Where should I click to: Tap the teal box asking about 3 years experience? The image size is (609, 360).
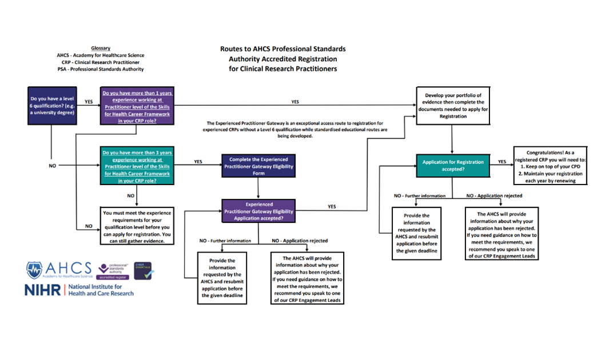tap(137, 166)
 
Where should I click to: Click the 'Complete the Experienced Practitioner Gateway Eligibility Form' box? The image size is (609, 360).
tap(258, 166)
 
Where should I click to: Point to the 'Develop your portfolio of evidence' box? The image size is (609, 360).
tap(452, 106)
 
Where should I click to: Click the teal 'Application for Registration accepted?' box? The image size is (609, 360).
tap(452, 166)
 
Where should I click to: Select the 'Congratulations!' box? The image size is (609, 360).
tap(551, 166)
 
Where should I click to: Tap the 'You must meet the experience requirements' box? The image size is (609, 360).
tap(137, 226)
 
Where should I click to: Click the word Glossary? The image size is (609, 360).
tap(101, 48)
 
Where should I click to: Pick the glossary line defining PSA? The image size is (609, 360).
tap(101, 69)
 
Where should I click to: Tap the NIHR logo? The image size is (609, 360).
tap(79, 290)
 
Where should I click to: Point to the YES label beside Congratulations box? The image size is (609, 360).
tap(502, 161)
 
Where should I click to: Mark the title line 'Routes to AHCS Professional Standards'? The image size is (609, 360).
tap(282, 49)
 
